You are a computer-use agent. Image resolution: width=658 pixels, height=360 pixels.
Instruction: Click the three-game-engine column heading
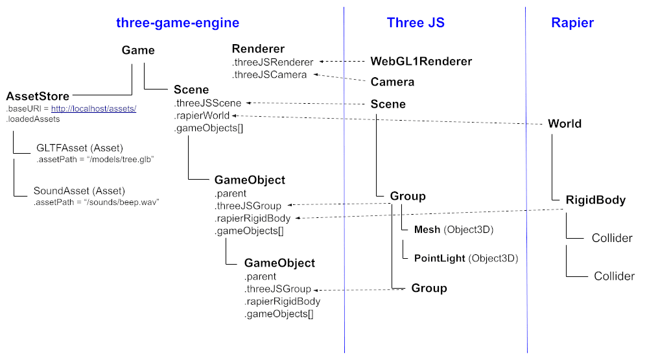point(178,23)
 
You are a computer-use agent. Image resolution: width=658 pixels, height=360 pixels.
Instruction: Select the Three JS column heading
point(416,23)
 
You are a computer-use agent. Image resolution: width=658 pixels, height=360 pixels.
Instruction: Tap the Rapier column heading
point(572,23)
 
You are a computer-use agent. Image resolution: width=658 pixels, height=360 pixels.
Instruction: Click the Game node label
point(138,51)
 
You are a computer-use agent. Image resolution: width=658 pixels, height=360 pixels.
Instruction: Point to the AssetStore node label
point(38,96)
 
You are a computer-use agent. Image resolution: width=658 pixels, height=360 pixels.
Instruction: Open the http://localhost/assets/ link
point(93,108)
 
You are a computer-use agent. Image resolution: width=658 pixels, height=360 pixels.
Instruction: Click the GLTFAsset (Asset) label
point(80,148)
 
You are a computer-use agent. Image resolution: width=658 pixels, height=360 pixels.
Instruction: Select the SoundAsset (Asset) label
point(79,191)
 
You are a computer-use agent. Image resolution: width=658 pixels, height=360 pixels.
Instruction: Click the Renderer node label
point(258,49)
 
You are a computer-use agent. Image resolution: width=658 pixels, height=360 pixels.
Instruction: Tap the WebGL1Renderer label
point(421,62)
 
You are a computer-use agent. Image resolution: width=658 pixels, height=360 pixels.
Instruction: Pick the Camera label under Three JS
point(392,82)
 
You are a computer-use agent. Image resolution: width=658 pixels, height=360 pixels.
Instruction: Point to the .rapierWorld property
point(202,115)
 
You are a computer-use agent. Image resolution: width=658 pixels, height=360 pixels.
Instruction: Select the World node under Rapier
point(564,124)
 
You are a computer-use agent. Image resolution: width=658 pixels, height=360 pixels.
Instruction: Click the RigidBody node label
point(595,200)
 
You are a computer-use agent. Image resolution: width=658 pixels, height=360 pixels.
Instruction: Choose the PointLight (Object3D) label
point(466,258)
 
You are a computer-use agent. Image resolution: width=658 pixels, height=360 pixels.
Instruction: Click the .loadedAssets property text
point(33,119)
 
